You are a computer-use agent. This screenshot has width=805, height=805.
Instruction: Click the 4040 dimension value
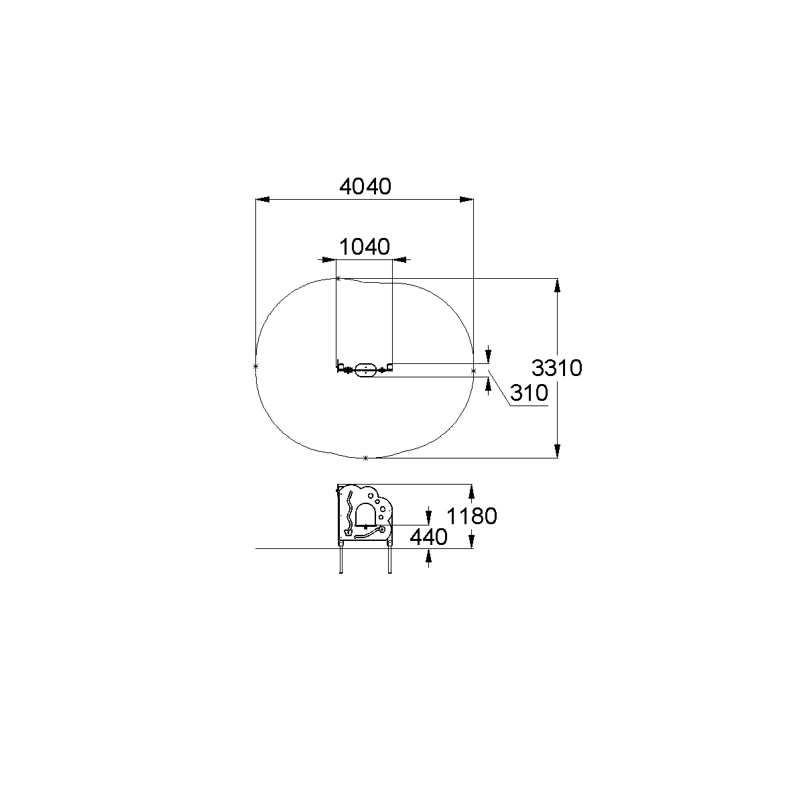(365, 186)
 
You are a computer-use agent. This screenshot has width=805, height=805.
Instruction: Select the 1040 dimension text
(365, 247)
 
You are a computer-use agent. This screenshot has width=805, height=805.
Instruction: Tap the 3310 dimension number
(556, 368)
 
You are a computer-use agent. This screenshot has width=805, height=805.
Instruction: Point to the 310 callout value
(529, 393)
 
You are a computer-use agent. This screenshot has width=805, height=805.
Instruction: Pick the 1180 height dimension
(472, 516)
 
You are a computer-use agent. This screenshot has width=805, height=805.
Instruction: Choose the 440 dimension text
(428, 537)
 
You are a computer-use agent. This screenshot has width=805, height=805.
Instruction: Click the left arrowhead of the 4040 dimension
(262, 199)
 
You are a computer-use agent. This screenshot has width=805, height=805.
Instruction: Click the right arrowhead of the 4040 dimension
(467, 199)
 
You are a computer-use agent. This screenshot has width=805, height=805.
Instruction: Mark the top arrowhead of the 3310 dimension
(557, 286)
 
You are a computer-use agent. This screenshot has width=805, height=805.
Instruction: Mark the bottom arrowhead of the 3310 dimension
(557, 451)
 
